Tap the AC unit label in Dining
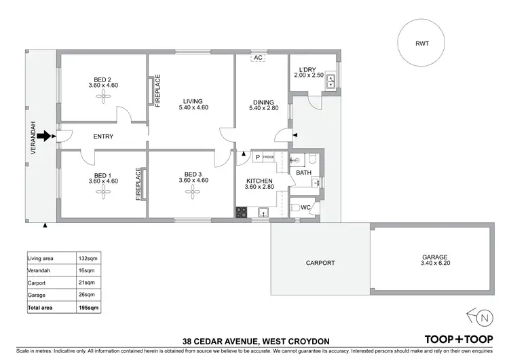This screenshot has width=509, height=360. [258, 58]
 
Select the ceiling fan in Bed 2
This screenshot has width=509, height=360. [103, 96]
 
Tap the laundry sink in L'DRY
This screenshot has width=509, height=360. [331, 83]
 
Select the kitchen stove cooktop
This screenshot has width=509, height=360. [241, 212]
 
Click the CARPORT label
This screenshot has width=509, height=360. [320, 262]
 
